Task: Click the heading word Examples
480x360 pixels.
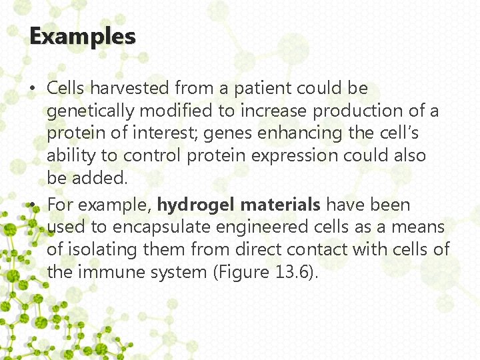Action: coord(83,36)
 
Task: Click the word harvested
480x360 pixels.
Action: coord(130,88)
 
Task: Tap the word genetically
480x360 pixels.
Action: coord(87,111)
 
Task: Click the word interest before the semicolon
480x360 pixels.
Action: coord(171,133)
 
